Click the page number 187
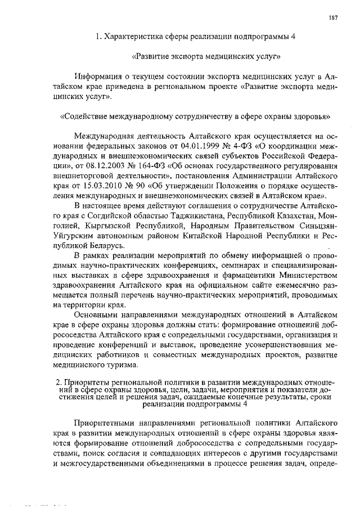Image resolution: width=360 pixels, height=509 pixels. tap(334, 17)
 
